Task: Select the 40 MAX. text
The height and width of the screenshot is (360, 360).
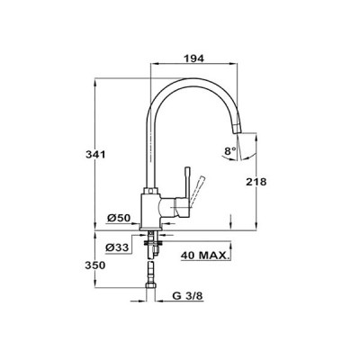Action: click(x=204, y=256)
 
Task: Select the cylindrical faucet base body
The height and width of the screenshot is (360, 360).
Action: click(x=150, y=211)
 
